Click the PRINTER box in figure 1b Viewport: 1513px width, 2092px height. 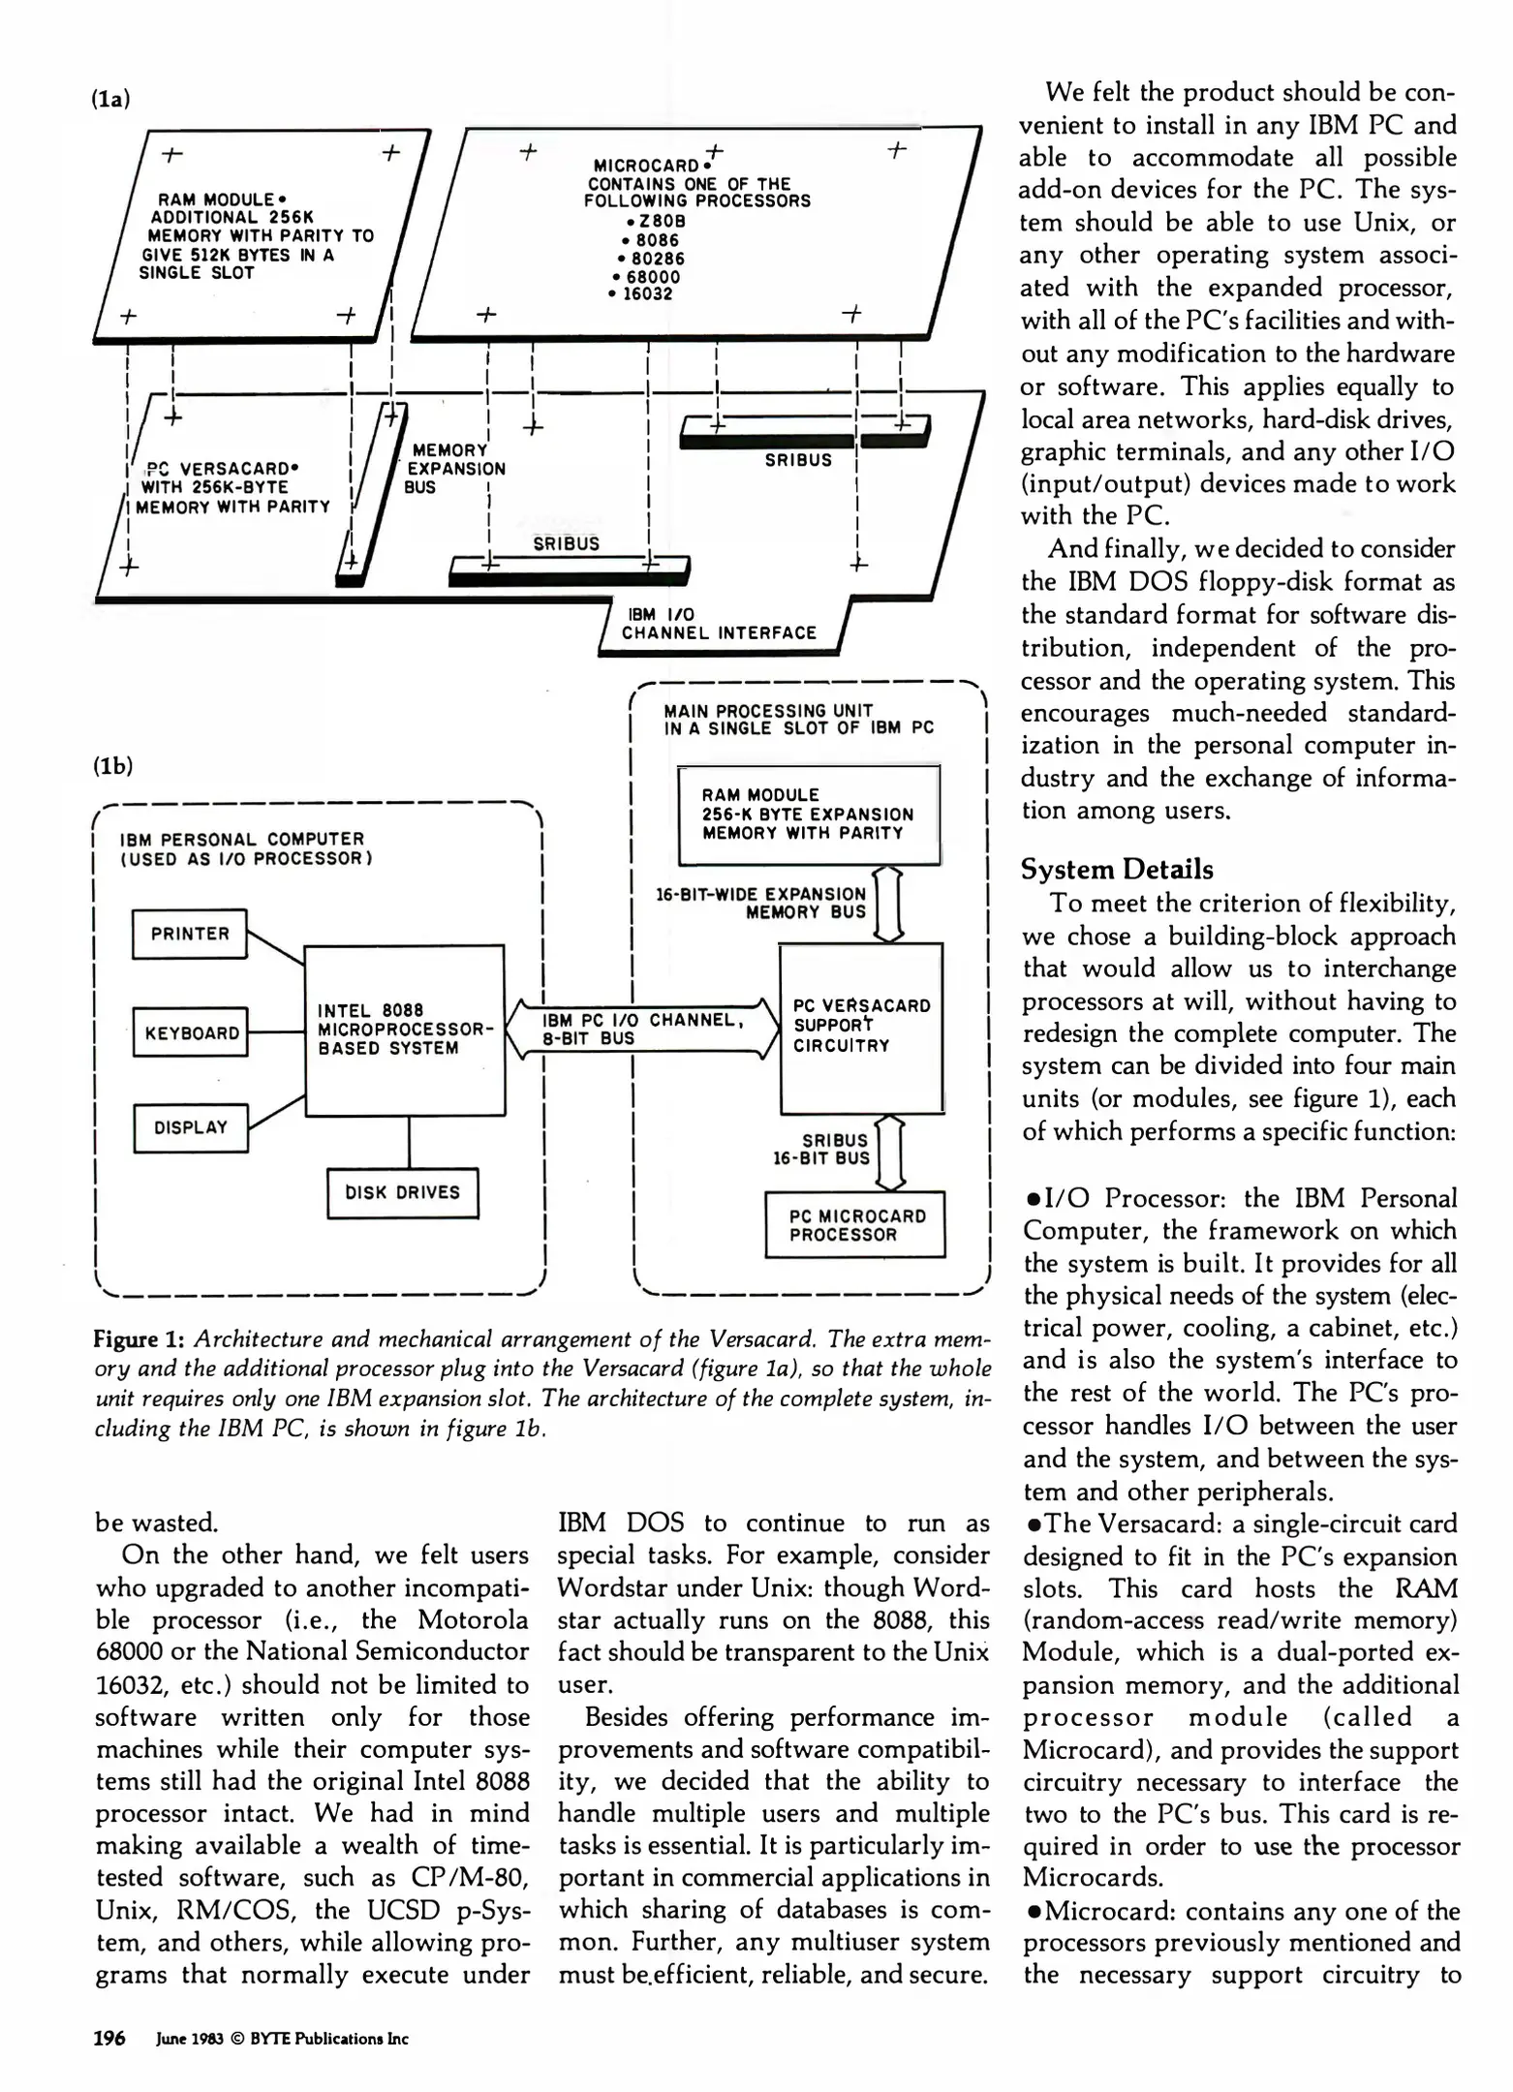pyautogui.click(x=190, y=934)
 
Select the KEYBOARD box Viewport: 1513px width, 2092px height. pyautogui.click(x=191, y=1032)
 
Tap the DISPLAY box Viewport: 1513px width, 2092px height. pyautogui.click(x=190, y=1127)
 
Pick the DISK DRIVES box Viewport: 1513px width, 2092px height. pyautogui.click(x=402, y=1193)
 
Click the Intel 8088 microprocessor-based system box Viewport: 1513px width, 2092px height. pyautogui.click(x=404, y=1030)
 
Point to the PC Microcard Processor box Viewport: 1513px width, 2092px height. pyautogui.click(x=854, y=1225)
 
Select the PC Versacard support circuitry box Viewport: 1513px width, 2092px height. pyautogui.click(x=861, y=1027)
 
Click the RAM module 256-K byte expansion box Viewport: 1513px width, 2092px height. pyautogui.click(x=809, y=814)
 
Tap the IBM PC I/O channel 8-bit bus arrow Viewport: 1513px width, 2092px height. pyautogui.click(x=642, y=1030)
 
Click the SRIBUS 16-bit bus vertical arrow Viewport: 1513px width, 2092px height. pyautogui.click(x=889, y=1153)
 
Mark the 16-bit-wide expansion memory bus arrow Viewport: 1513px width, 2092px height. pyautogui.click(x=888, y=903)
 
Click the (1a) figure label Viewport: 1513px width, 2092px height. pyautogui.click(x=111, y=99)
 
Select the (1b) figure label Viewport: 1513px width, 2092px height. pyautogui.click(x=112, y=765)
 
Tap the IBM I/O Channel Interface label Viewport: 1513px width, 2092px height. pyautogui.click(x=719, y=624)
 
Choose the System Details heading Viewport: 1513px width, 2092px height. pyautogui.click(x=1116, y=869)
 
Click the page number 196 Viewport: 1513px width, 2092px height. pyautogui.click(x=108, y=2038)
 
